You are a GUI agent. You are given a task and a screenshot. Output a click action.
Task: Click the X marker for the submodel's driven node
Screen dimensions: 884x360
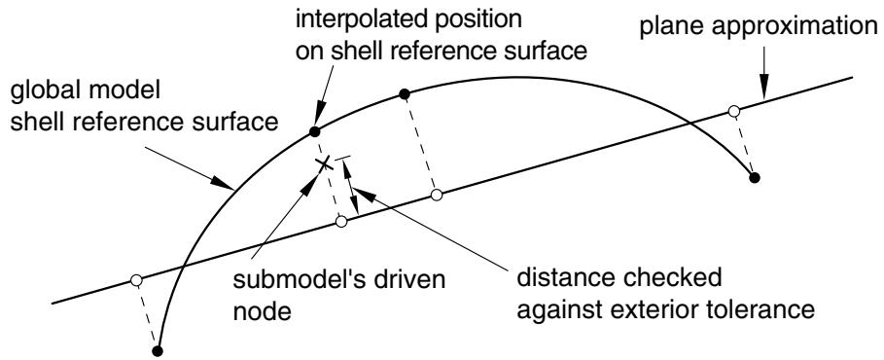tap(323, 164)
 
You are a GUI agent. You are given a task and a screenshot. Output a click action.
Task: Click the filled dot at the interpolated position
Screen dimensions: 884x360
tap(314, 132)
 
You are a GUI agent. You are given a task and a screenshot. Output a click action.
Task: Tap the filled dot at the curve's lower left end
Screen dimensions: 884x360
tap(158, 350)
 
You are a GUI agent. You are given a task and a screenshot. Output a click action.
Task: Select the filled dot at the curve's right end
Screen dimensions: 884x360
tap(755, 178)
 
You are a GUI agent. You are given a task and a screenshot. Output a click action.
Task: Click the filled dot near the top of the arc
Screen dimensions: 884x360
tap(404, 94)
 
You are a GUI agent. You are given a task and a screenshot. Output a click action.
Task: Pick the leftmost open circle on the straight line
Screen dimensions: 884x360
tap(135, 280)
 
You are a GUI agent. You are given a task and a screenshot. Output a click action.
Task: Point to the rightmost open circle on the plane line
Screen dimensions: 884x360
tap(733, 111)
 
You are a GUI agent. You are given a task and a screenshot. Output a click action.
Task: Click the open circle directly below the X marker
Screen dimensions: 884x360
tap(340, 222)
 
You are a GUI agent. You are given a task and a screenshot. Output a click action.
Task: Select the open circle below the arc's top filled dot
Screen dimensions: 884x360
tap(437, 196)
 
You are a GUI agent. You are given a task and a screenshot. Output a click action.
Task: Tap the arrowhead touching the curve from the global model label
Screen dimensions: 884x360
tap(224, 183)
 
